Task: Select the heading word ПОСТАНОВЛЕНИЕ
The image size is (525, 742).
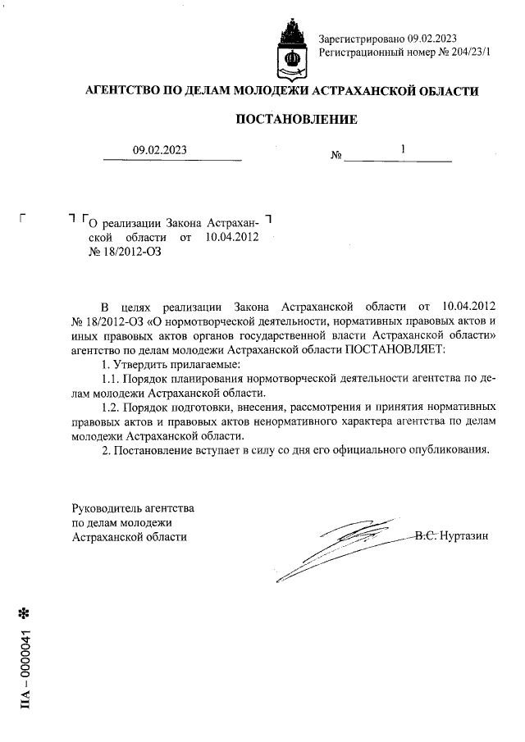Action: (296, 120)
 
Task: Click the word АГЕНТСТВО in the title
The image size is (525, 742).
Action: (126, 91)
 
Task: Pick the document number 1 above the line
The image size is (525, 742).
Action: (403, 150)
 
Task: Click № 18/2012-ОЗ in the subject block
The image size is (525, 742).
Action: (121, 253)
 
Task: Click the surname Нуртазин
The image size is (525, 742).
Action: (464, 536)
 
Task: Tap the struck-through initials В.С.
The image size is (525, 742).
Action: (427, 536)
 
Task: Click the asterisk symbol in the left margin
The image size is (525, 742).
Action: (24, 612)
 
